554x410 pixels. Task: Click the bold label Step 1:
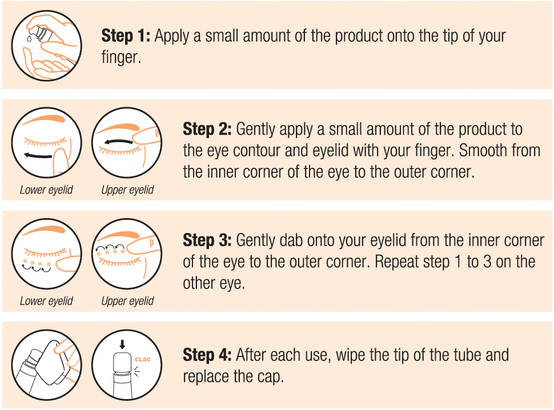126,35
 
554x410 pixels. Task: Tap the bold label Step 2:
207,129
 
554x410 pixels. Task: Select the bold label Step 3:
207,240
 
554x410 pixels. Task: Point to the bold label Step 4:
207,355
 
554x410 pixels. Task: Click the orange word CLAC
142,360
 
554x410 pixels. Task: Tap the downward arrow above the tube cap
122,344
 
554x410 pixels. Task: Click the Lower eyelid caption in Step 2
46,190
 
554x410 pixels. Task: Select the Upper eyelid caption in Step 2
127,190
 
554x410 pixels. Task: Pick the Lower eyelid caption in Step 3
46,301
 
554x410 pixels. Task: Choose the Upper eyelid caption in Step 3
127,301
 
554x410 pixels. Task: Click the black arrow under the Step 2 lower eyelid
38,155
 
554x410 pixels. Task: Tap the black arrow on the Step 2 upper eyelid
118,142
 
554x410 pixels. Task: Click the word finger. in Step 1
121,58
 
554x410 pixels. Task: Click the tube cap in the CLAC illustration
122,361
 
